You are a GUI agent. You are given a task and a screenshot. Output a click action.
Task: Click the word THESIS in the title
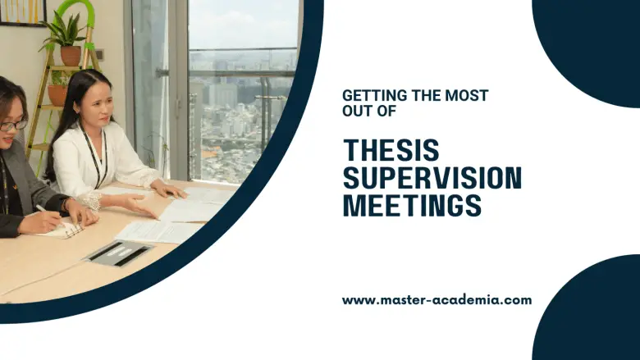click(x=391, y=150)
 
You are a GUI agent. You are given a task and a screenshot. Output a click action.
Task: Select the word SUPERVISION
click(x=432, y=178)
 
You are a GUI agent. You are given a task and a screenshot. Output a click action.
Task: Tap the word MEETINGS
click(x=412, y=206)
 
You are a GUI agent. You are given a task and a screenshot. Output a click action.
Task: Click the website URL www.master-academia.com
click(x=437, y=300)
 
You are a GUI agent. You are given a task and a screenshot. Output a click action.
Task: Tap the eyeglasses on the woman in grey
click(x=13, y=125)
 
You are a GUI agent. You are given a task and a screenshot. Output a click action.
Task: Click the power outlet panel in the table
click(x=118, y=253)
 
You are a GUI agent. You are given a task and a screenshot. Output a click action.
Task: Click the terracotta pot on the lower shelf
click(x=57, y=95)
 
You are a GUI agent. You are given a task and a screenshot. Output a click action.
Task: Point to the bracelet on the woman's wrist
click(x=91, y=201)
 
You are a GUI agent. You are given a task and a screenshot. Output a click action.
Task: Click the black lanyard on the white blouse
click(x=95, y=157)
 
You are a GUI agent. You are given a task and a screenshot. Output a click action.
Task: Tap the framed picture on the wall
click(x=22, y=12)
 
